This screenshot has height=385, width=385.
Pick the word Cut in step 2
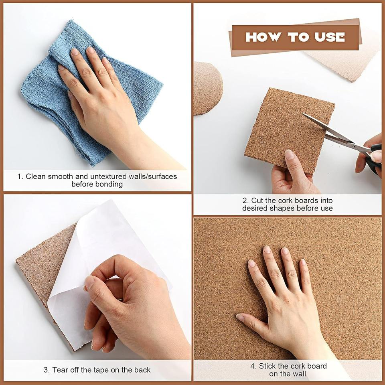click(257, 201)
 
